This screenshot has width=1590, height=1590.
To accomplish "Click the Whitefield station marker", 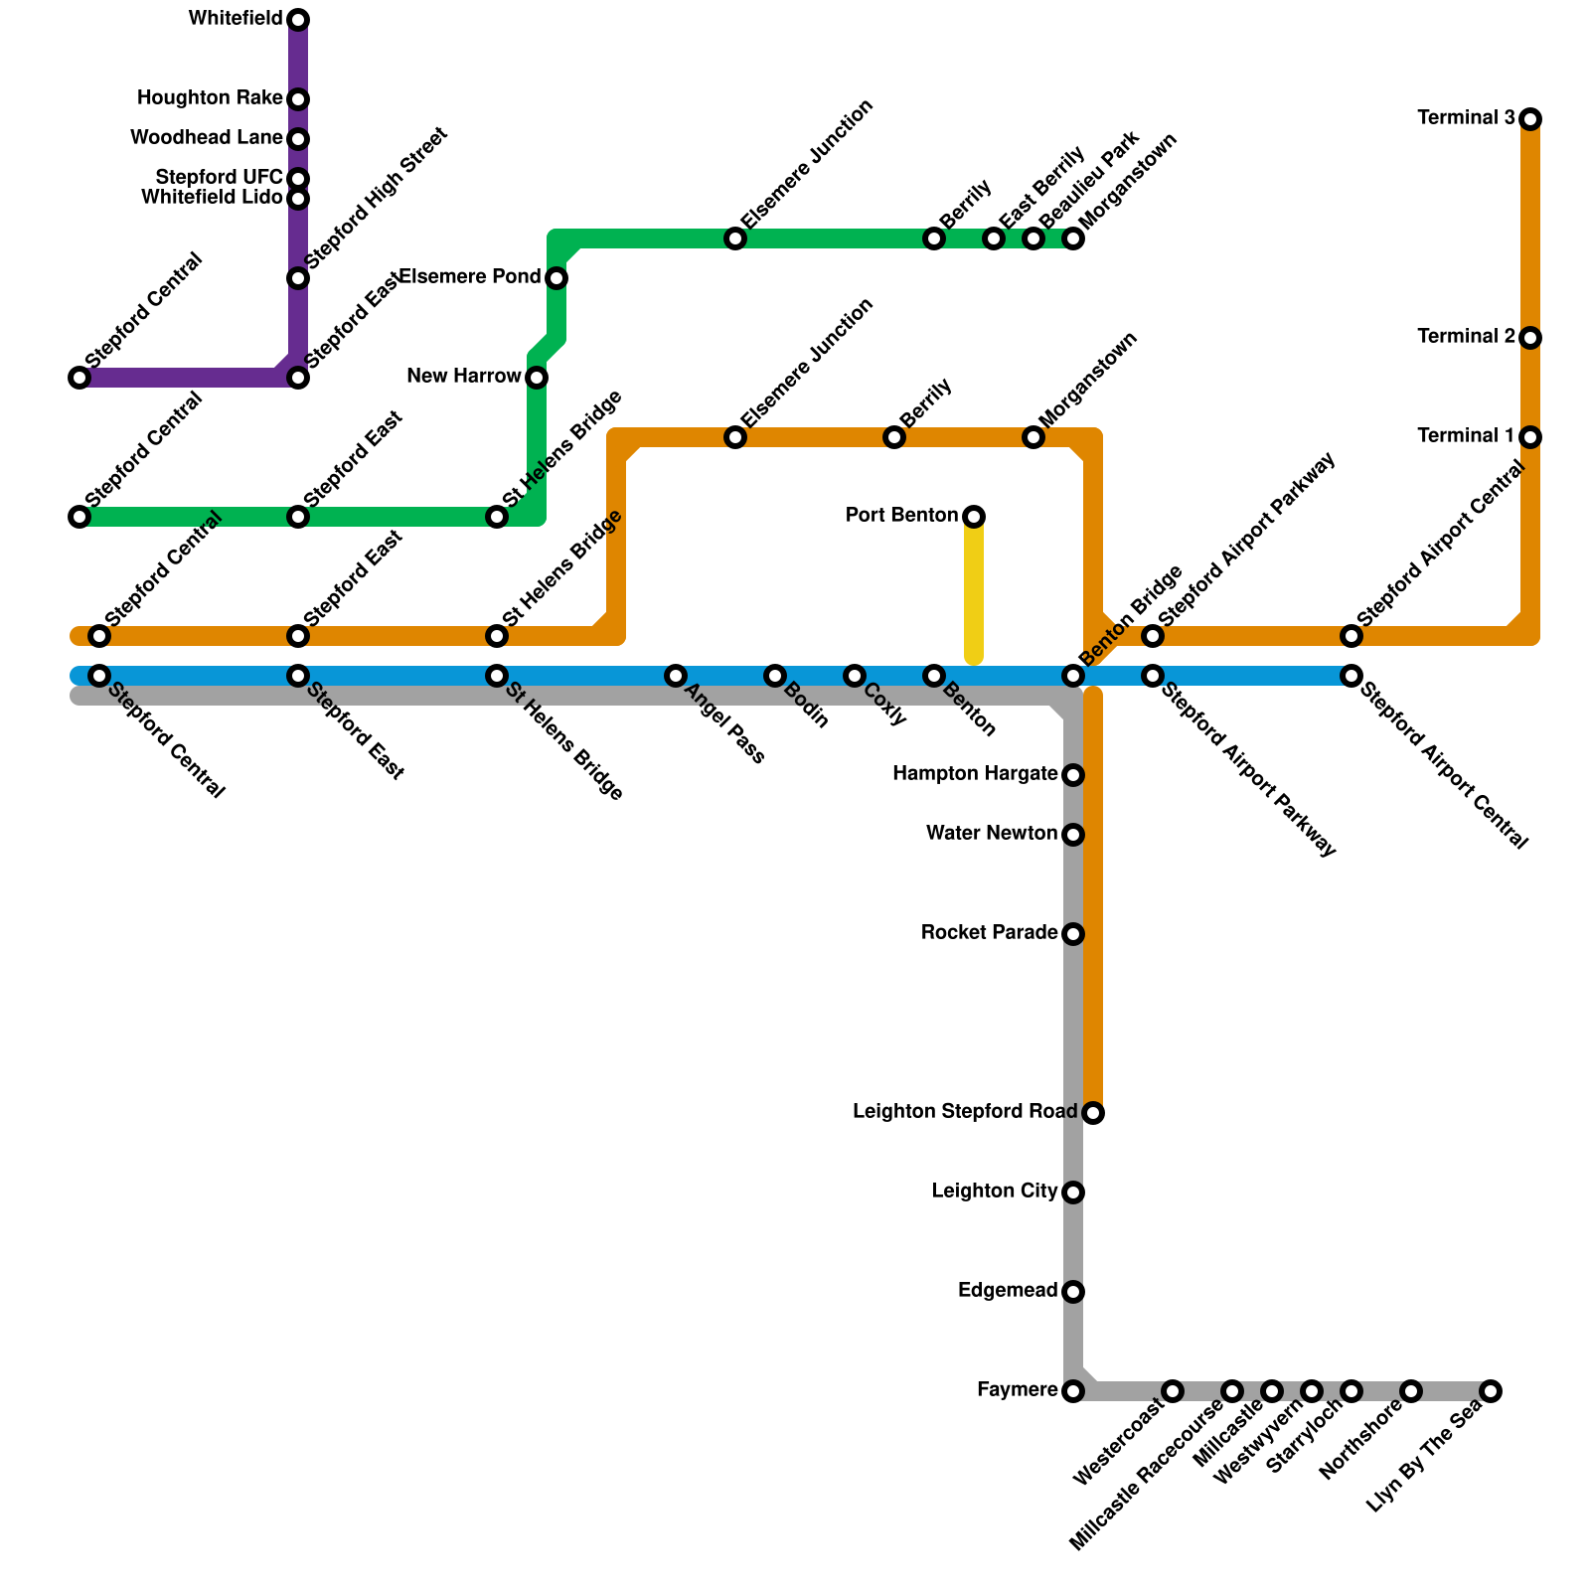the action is pyautogui.click(x=298, y=20).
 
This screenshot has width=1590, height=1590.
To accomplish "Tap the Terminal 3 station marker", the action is pyautogui.click(x=1530, y=119).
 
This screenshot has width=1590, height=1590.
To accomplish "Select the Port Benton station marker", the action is pyautogui.click(x=974, y=517).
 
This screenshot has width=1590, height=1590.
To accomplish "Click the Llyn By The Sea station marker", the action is pyautogui.click(x=1491, y=1391).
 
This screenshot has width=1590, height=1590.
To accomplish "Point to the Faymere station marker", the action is pyautogui.click(x=1073, y=1391).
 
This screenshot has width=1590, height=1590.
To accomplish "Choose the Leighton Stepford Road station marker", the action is pyautogui.click(x=1093, y=1113).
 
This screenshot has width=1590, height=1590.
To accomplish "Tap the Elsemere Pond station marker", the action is pyautogui.click(x=556, y=278).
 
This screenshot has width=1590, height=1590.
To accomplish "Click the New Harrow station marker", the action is pyautogui.click(x=537, y=378).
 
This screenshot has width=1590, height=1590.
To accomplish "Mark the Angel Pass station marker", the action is pyautogui.click(x=676, y=676).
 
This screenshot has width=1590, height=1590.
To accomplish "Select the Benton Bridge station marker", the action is pyautogui.click(x=1073, y=676).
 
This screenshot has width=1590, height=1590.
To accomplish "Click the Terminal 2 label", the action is pyautogui.click(x=1466, y=337).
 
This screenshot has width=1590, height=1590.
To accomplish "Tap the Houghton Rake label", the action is pyautogui.click(x=210, y=98).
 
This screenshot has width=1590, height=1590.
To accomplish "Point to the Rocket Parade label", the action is pyautogui.click(x=989, y=933).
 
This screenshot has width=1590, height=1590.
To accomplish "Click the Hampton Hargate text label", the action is pyautogui.click(x=975, y=774).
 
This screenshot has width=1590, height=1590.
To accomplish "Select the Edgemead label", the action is pyautogui.click(x=1008, y=1291).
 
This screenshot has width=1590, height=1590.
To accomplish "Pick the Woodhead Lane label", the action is pyautogui.click(x=207, y=138).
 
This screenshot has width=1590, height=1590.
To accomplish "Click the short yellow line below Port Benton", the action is pyautogui.click(x=974, y=591).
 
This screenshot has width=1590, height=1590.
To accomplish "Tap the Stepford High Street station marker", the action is pyautogui.click(x=298, y=278).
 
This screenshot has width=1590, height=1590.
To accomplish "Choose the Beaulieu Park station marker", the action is pyautogui.click(x=1033, y=238).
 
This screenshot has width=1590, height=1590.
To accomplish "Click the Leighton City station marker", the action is pyautogui.click(x=1073, y=1192).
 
